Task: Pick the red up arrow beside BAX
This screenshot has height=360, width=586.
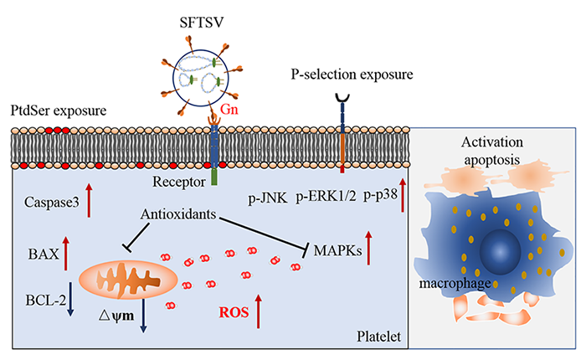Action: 65,254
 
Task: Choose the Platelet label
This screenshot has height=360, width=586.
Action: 378,337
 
